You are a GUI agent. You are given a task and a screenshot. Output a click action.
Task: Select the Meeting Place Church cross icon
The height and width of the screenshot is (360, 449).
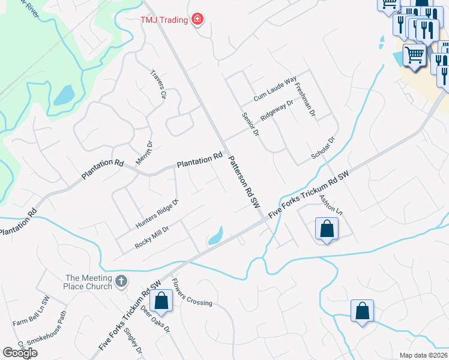click(x=121, y=281)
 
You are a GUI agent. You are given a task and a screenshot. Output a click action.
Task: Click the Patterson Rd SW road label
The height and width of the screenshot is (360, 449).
click(x=244, y=182)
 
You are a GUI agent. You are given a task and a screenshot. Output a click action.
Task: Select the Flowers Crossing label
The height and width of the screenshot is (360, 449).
click(x=191, y=292)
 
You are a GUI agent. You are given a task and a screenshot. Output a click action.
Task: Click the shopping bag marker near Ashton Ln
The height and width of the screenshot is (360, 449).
click(x=327, y=229)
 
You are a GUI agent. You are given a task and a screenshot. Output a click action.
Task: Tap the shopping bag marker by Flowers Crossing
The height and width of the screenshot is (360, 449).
click(x=161, y=301)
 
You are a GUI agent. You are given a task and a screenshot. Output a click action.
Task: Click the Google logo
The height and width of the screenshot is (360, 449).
click(x=19, y=353)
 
